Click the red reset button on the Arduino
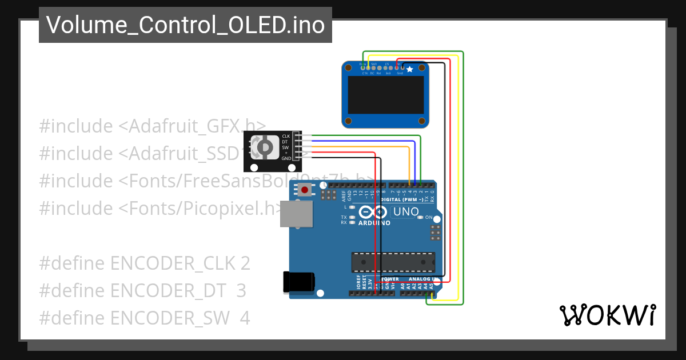pyautogui.click(x=305, y=190)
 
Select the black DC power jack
pyautogui.click(x=299, y=282)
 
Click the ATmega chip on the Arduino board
pyautogui.click(x=393, y=262)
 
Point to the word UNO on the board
pyautogui.click(x=406, y=212)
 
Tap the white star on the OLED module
pyautogui.click(x=409, y=69)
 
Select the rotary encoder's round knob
pyautogui.click(x=265, y=148)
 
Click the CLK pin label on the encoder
pyautogui.click(x=286, y=136)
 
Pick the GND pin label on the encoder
pyautogui.click(x=286, y=158)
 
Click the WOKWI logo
pyautogui.click(x=607, y=315)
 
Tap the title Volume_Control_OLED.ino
pyautogui.click(x=185, y=25)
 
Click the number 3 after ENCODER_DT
pyautogui.click(x=241, y=291)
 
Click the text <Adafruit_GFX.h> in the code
pyautogui.click(x=192, y=126)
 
